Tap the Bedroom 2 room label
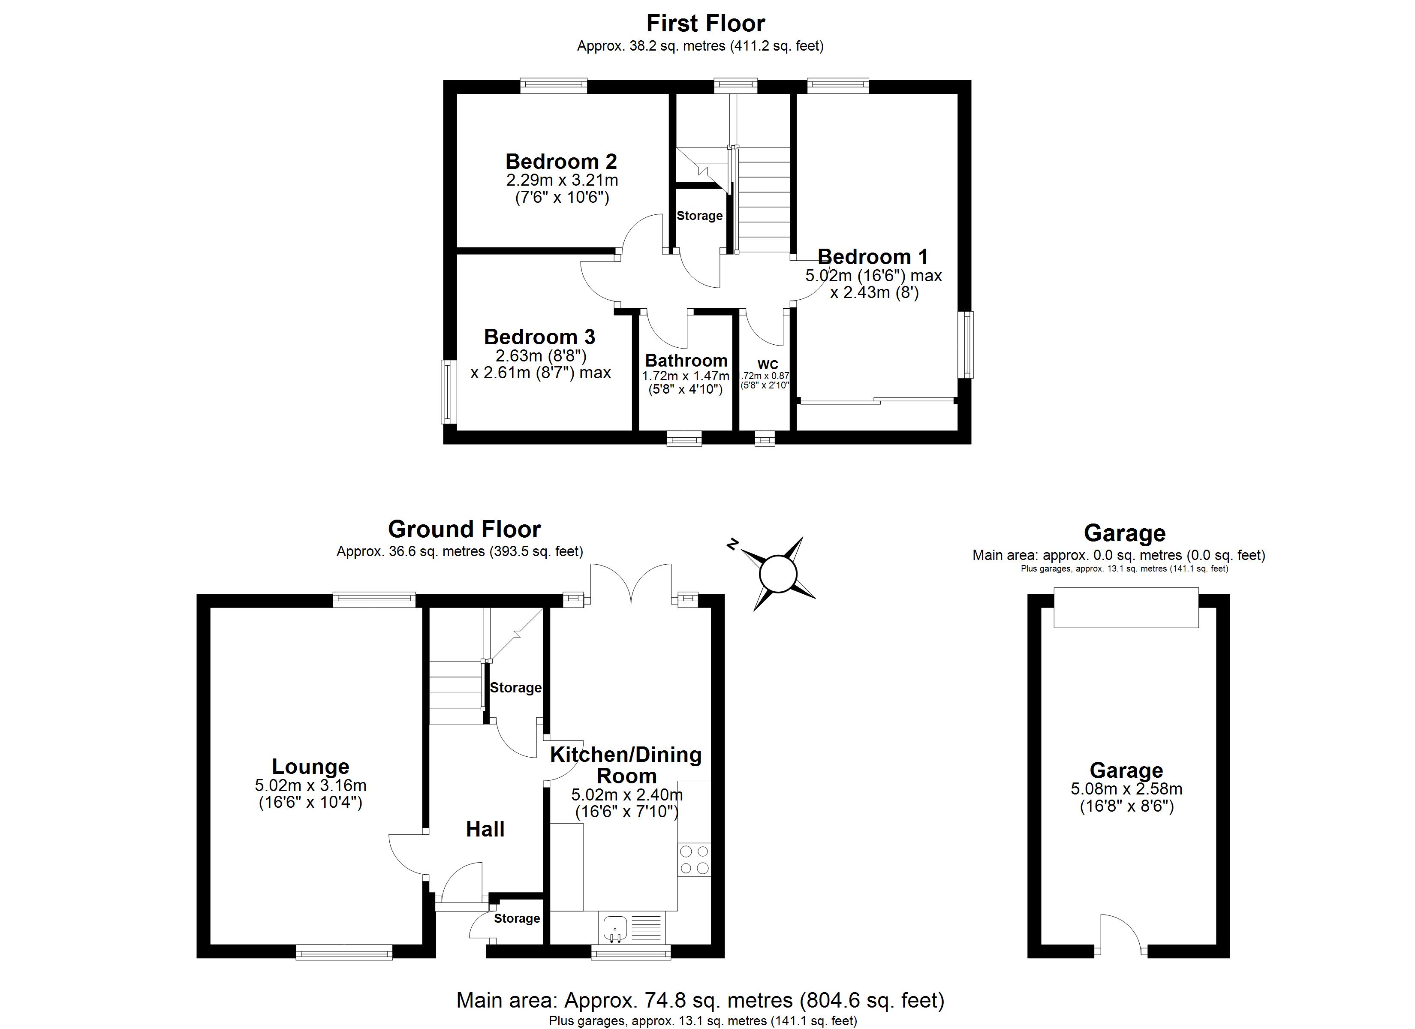click(561, 162)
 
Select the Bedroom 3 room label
click(540, 337)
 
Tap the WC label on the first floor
click(768, 365)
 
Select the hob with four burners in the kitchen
click(694, 859)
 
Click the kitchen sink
click(615, 928)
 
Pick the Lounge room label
click(310, 766)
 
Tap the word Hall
click(485, 829)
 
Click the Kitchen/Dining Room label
click(626, 765)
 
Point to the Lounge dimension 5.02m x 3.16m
click(310, 785)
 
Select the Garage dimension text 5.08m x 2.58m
click(1126, 789)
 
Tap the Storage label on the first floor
click(699, 216)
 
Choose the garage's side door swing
click(1120, 933)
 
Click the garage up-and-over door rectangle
click(1126, 607)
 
